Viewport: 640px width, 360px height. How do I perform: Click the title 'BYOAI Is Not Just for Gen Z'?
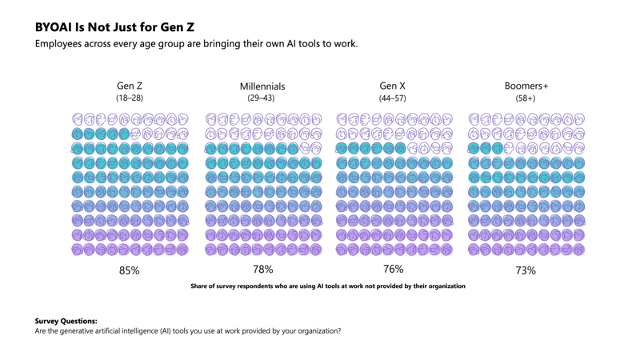click(x=114, y=26)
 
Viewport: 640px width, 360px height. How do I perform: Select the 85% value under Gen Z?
click(x=130, y=270)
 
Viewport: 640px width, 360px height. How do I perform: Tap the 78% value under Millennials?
click(x=262, y=270)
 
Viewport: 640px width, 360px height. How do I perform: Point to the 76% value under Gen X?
click(x=394, y=269)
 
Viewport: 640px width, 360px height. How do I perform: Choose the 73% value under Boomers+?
click(x=526, y=270)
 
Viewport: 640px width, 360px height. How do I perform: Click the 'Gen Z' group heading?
click(x=130, y=86)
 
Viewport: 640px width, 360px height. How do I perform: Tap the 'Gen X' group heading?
click(x=393, y=86)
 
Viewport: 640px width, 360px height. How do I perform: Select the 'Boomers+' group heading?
click(x=526, y=86)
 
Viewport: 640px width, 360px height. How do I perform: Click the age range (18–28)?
click(x=130, y=98)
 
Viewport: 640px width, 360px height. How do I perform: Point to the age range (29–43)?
click(x=262, y=98)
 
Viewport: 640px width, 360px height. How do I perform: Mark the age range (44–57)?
click(x=393, y=98)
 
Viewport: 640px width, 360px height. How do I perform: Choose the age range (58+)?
click(x=526, y=98)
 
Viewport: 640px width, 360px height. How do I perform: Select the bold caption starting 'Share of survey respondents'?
click(x=327, y=286)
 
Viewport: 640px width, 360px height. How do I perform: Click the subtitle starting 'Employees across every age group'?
click(x=196, y=43)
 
